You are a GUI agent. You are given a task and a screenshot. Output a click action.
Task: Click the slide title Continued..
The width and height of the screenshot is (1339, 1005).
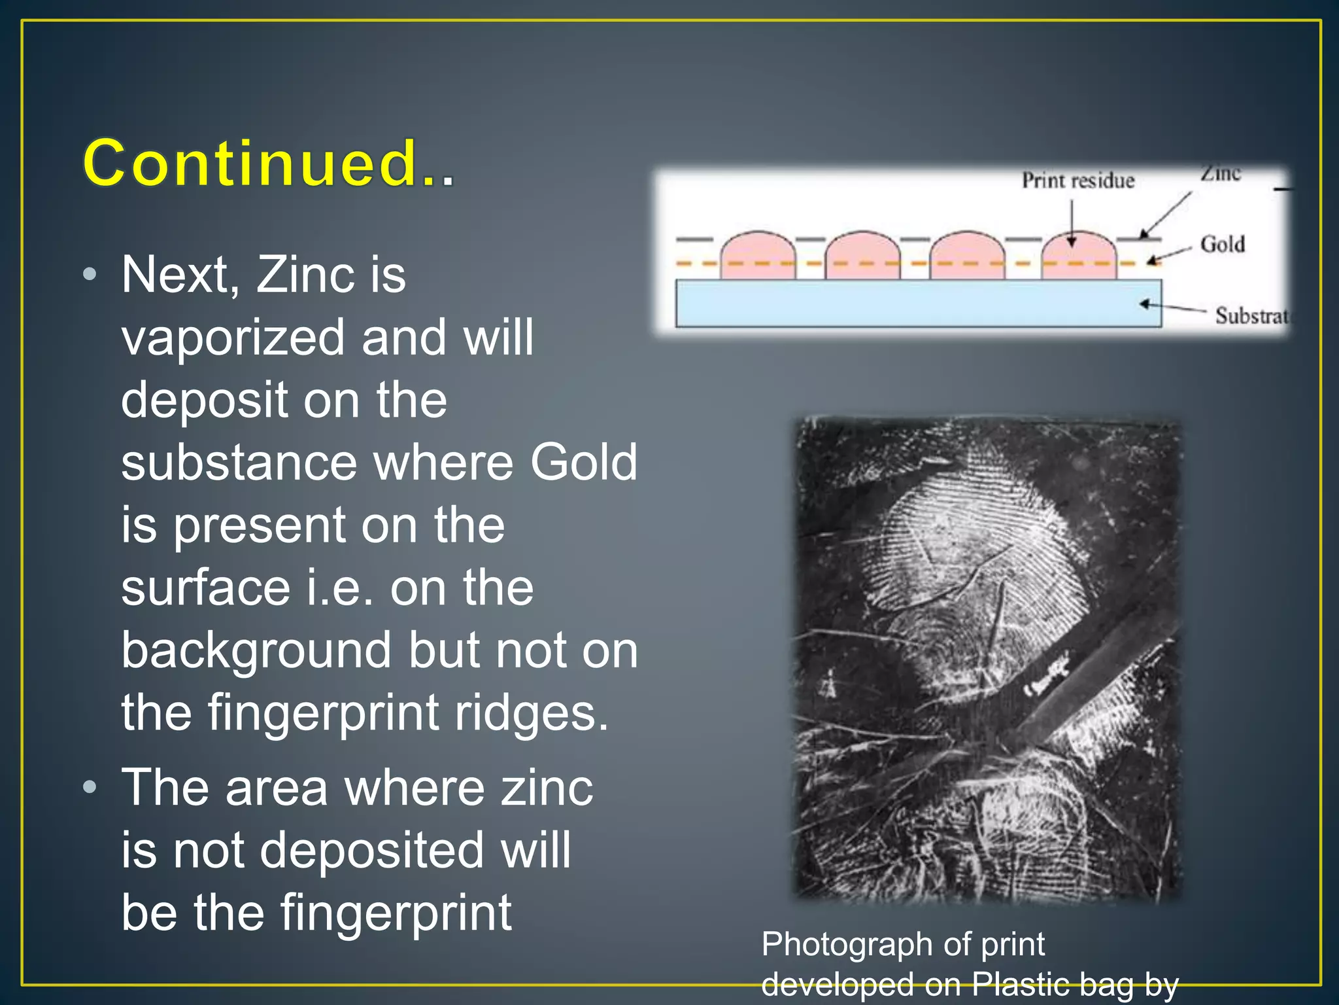coord(268,164)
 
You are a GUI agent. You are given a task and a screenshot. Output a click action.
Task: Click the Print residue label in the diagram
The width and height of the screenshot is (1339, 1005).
coord(1077,181)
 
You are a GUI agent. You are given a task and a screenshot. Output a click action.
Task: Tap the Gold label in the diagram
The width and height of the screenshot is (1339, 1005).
coord(1222,244)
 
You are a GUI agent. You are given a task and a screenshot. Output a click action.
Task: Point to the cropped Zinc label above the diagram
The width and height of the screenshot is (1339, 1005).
coord(1220,173)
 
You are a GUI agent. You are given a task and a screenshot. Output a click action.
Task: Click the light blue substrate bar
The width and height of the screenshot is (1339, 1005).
coord(915,303)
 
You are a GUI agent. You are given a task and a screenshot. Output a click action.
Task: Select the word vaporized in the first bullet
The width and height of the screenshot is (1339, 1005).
coord(232,338)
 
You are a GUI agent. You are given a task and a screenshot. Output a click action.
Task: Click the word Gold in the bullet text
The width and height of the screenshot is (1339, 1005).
coord(583,462)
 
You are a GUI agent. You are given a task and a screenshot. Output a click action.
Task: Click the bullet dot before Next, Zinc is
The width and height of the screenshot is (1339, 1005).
coord(90,274)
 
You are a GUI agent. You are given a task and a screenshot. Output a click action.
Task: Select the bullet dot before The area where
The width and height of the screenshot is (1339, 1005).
coord(90,786)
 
